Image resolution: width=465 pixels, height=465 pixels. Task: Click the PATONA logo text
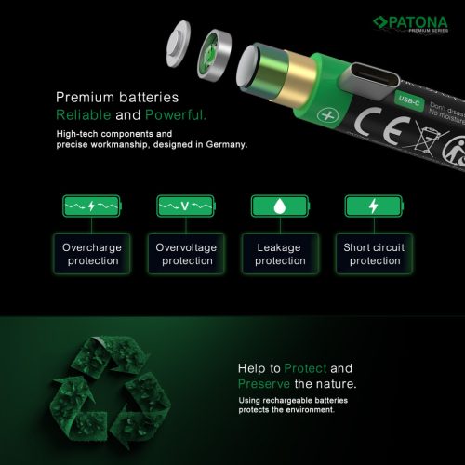[419, 20]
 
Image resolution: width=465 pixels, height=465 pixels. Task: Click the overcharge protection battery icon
[90, 206]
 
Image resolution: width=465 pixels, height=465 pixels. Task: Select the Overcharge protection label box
[91, 255]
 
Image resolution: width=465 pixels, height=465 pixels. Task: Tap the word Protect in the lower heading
[308, 368]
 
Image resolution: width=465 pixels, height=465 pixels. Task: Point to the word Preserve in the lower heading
[266, 384]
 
